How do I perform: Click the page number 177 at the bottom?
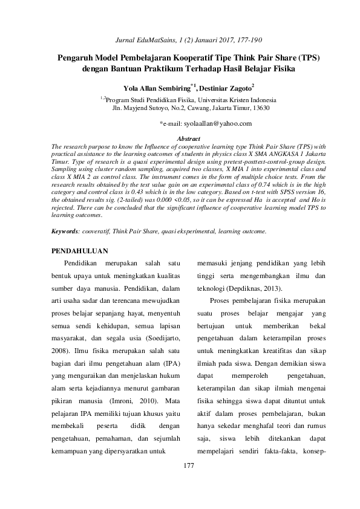pos(188,465)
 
